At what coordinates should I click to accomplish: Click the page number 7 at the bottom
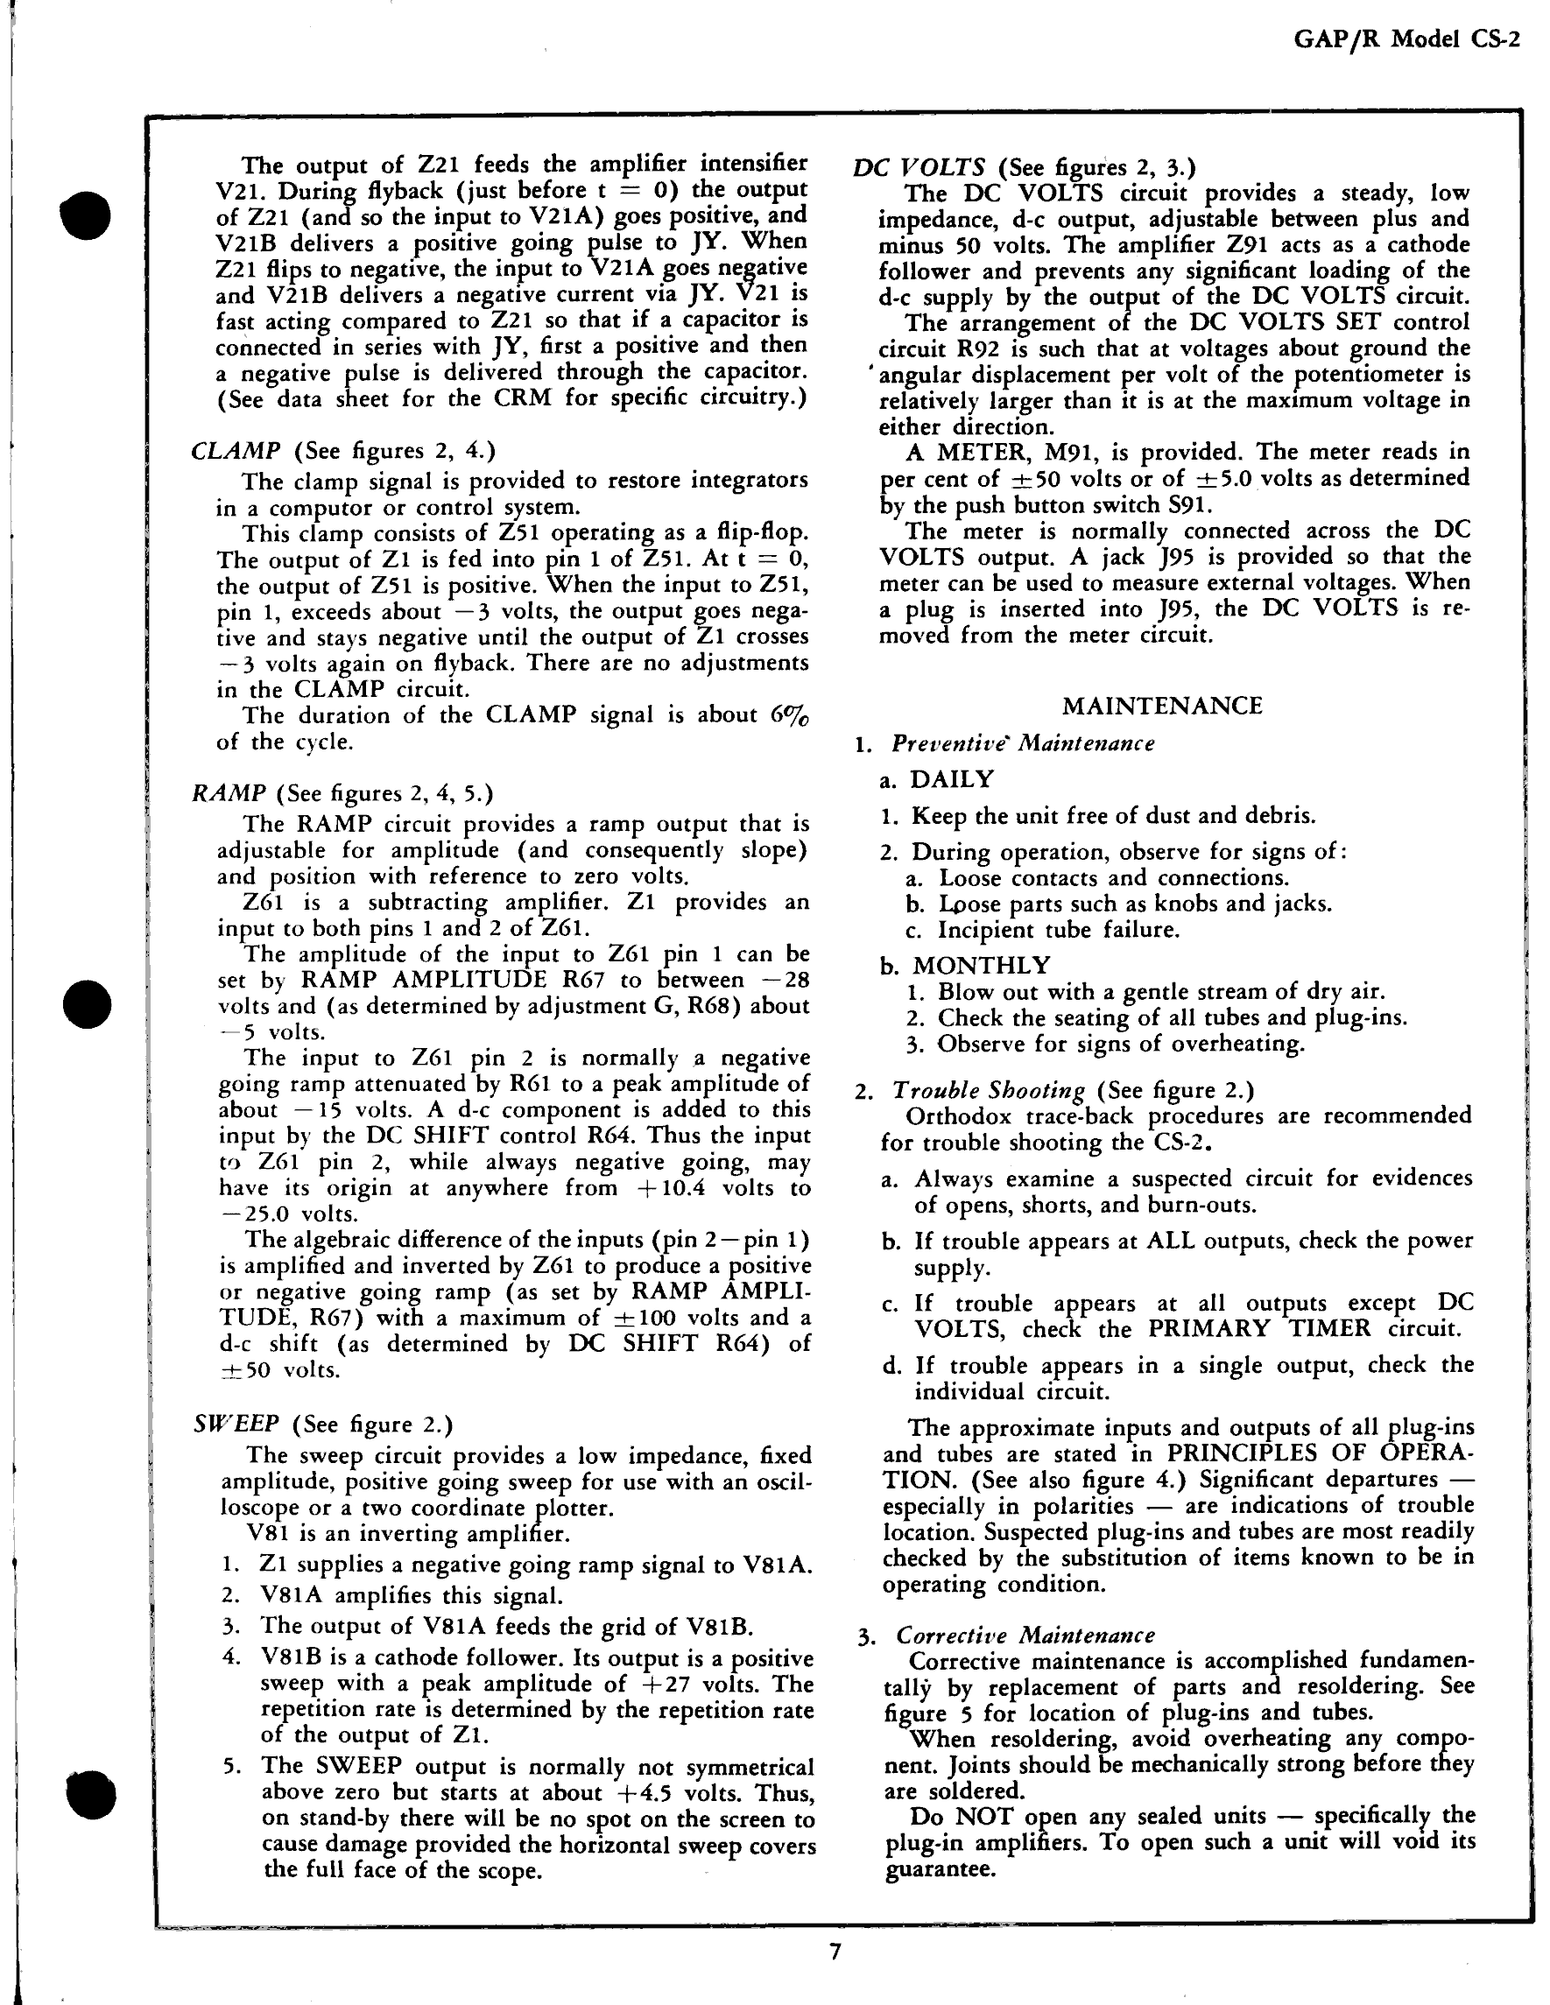834,1952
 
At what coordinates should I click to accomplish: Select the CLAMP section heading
236,451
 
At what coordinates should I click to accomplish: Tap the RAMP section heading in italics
229,793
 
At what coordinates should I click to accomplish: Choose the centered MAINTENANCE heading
1161,705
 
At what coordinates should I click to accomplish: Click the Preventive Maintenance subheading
1022,742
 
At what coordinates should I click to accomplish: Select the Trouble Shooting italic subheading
989,1090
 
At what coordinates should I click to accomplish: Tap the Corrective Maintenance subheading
1025,1635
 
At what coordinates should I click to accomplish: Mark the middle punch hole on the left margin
88,1003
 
